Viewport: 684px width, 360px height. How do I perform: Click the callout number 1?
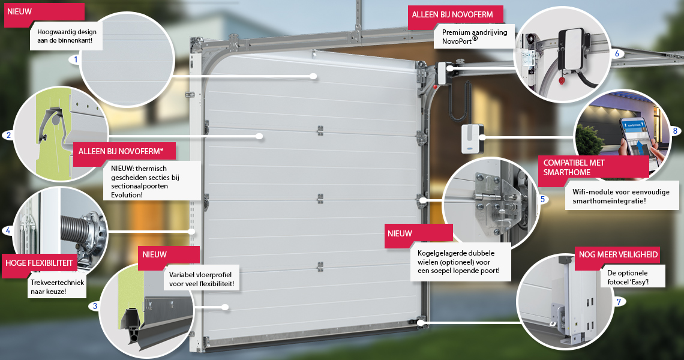(76, 59)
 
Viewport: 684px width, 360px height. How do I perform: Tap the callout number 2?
(8, 135)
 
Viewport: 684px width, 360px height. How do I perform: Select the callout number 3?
(95, 306)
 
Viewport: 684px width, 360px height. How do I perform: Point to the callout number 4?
(8, 230)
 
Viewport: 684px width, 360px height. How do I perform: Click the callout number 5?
(542, 199)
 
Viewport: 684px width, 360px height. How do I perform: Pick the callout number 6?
(616, 53)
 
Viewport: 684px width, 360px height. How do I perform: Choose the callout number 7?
(619, 302)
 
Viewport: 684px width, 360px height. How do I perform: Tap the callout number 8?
(675, 130)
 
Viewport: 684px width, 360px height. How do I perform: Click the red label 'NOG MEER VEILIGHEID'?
(618, 254)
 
